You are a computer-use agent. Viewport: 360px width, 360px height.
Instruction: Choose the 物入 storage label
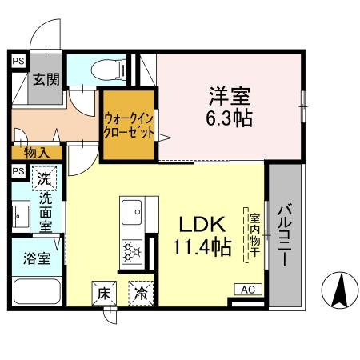(x=35, y=152)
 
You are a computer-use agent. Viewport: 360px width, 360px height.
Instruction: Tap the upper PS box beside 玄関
(x=18, y=60)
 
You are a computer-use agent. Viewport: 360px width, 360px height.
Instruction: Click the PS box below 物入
(x=18, y=171)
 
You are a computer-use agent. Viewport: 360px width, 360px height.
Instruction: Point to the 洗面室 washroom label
(x=47, y=210)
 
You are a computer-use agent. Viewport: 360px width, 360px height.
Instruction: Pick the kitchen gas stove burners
(x=130, y=254)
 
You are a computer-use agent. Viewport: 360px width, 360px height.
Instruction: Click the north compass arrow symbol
(x=338, y=290)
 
